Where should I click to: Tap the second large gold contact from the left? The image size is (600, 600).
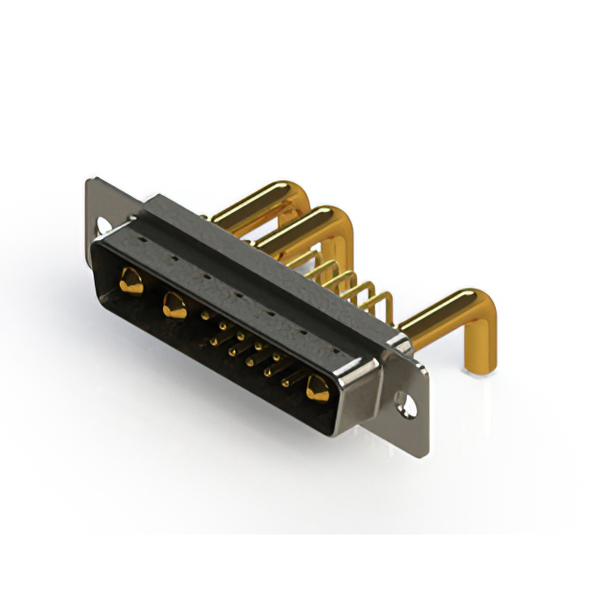[173, 305]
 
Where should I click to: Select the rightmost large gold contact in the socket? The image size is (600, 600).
[318, 387]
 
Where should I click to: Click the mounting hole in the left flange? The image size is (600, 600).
[103, 225]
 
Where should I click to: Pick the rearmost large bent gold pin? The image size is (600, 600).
[248, 202]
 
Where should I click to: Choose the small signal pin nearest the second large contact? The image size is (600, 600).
[204, 318]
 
